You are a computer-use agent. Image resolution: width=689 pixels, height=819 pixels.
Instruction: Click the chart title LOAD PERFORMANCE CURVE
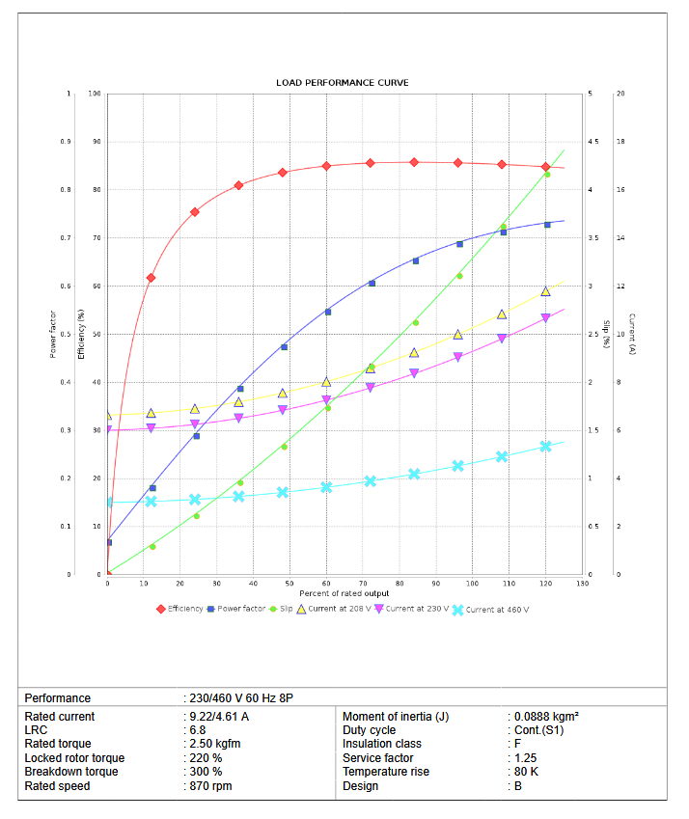click(x=342, y=83)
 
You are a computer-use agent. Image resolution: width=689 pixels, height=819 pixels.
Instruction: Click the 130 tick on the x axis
click(x=581, y=584)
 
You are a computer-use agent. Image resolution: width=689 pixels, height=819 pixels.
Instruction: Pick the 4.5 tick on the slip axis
click(x=593, y=142)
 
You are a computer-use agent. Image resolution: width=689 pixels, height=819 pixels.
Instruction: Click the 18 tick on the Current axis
click(x=620, y=142)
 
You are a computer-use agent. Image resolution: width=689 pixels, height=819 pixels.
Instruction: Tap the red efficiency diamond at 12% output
click(x=151, y=278)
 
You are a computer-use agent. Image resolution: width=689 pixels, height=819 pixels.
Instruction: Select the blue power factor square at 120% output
click(x=547, y=225)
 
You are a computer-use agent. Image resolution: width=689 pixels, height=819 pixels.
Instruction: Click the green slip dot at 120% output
click(x=547, y=174)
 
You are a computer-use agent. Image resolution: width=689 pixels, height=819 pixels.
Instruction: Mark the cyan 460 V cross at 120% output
click(x=545, y=447)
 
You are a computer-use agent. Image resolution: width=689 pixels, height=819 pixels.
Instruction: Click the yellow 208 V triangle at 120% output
click(x=545, y=291)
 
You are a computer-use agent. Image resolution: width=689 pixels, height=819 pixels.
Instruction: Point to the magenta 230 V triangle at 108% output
click(x=502, y=339)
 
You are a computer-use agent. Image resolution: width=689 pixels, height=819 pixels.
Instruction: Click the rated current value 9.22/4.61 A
click(x=219, y=717)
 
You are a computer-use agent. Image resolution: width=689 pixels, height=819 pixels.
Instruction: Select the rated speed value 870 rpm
click(x=210, y=786)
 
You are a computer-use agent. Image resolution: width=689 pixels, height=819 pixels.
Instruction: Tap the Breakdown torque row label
click(x=71, y=772)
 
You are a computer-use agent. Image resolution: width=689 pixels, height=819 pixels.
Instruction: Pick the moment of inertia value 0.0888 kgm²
click(x=546, y=717)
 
